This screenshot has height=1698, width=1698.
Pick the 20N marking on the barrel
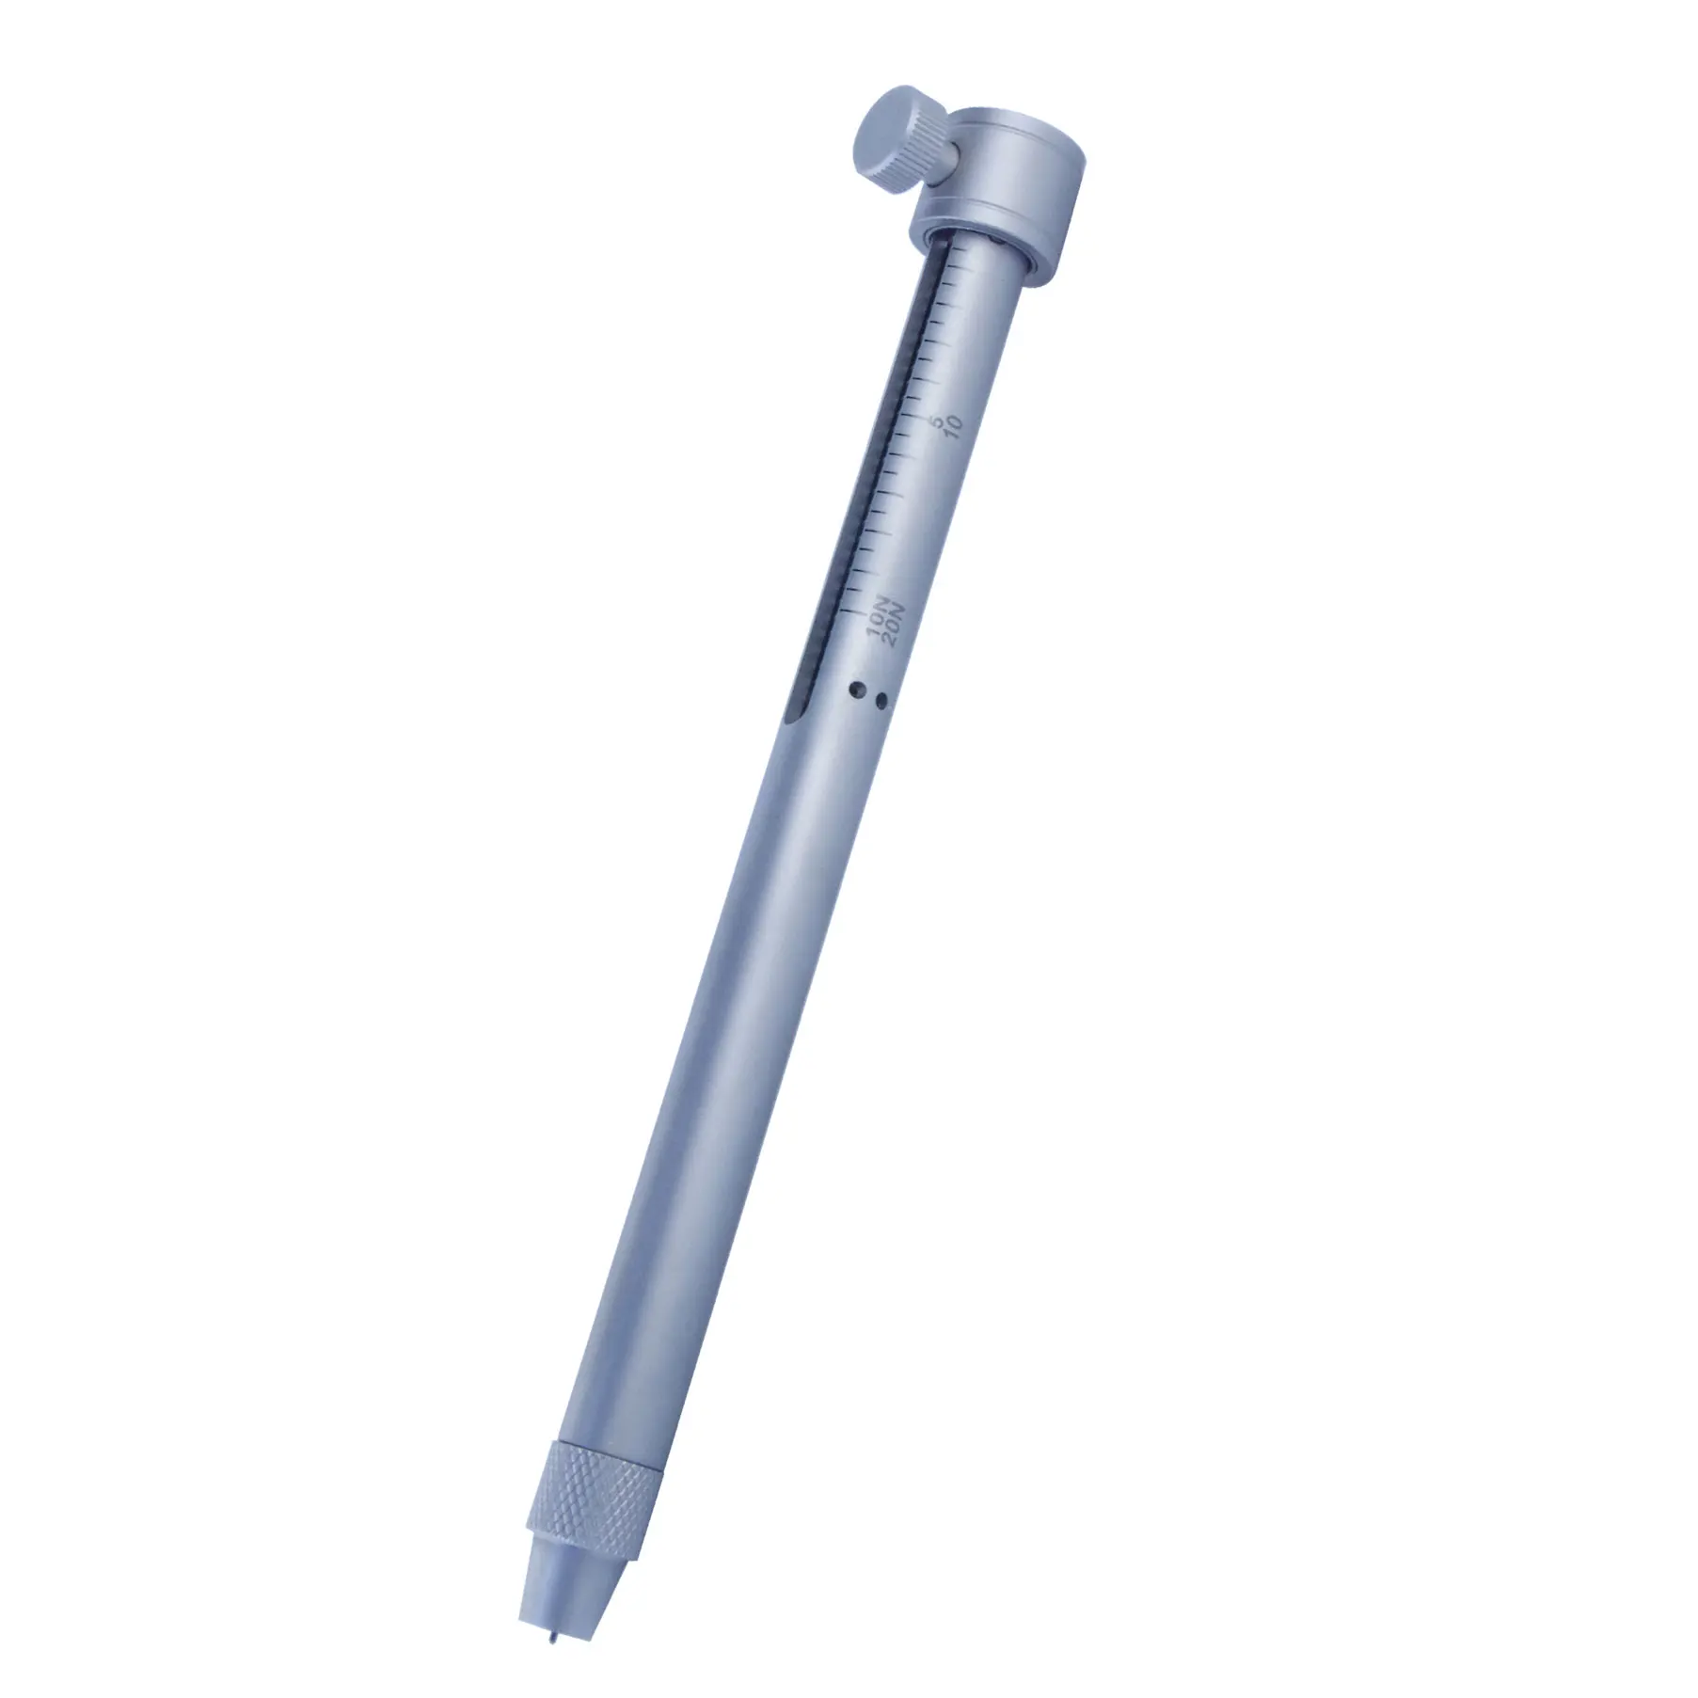(x=895, y=625)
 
